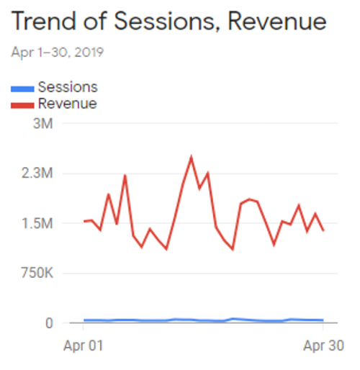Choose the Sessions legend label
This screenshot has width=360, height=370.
68,88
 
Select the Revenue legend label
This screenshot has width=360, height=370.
67,104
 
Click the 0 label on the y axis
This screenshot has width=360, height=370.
48,322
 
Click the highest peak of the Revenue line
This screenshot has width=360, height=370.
191,157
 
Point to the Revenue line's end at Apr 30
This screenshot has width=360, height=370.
323,230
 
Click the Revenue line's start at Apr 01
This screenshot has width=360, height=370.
84,221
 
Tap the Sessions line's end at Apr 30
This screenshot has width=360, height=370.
323,320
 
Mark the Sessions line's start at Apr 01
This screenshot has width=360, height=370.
84,320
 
